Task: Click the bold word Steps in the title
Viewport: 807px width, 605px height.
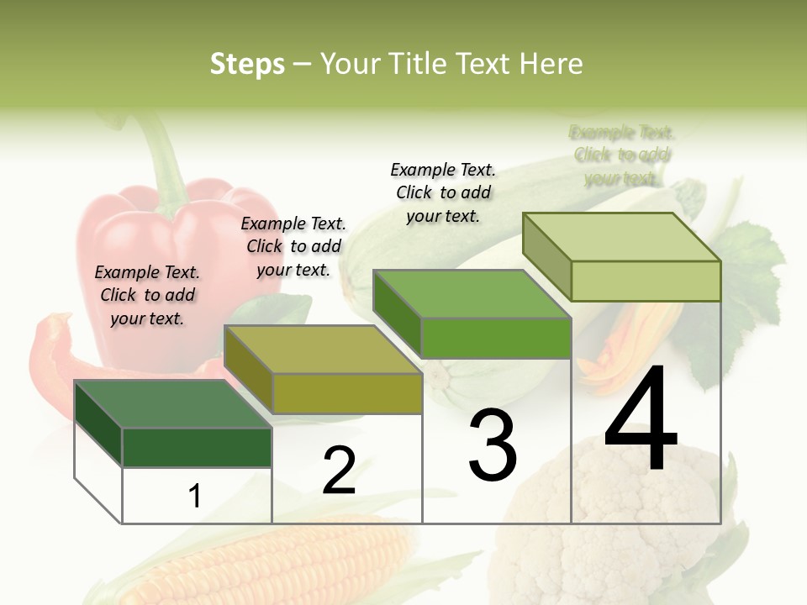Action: click(247, 64)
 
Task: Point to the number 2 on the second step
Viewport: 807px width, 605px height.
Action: click(339, 471)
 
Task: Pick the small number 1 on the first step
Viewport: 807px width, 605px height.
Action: click(195, 496)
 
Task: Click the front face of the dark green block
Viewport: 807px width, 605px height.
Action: click(197, 447)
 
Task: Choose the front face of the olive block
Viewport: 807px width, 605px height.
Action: click(346, 393)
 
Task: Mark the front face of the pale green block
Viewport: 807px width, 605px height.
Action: click(646, 281)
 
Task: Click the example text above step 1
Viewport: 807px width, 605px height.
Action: click(147, 295)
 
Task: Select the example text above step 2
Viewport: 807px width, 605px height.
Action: click(293, 246)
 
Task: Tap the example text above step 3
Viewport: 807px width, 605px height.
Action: click(443, 192)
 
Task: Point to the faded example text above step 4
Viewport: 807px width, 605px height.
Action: click(622, 155)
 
